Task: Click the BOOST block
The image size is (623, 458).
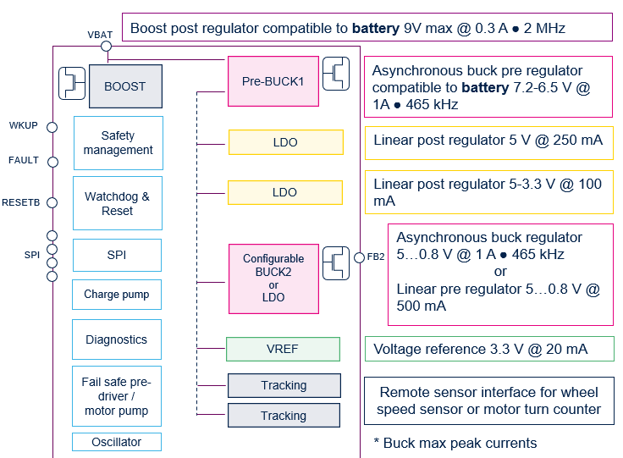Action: click(125, 86)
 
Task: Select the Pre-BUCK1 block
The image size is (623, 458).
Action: click(273, 81)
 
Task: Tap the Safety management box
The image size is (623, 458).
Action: click(118, 143)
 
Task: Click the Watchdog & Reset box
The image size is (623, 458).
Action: click(117, 203)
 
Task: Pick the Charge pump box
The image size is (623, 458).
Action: click(117, 295)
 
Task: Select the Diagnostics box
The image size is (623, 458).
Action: click(117, 339)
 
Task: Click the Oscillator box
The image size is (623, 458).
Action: click(117, 442)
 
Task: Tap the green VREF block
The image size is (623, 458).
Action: click(283, 349)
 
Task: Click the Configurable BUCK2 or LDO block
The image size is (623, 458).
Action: click(273, 278)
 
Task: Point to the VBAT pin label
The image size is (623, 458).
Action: click(100, 35)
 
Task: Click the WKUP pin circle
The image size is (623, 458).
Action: click(52, 127)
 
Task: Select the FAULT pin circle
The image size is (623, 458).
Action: click(52, 161)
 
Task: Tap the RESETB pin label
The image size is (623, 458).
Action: click(21, 203)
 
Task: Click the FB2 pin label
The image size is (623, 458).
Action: click(376, 257)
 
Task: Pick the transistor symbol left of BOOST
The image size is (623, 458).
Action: click(72, 83)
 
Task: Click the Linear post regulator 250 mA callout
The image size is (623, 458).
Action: click(488, 141)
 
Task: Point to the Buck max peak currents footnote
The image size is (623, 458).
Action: click(455, 443)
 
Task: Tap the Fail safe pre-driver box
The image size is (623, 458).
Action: click(117, 396)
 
